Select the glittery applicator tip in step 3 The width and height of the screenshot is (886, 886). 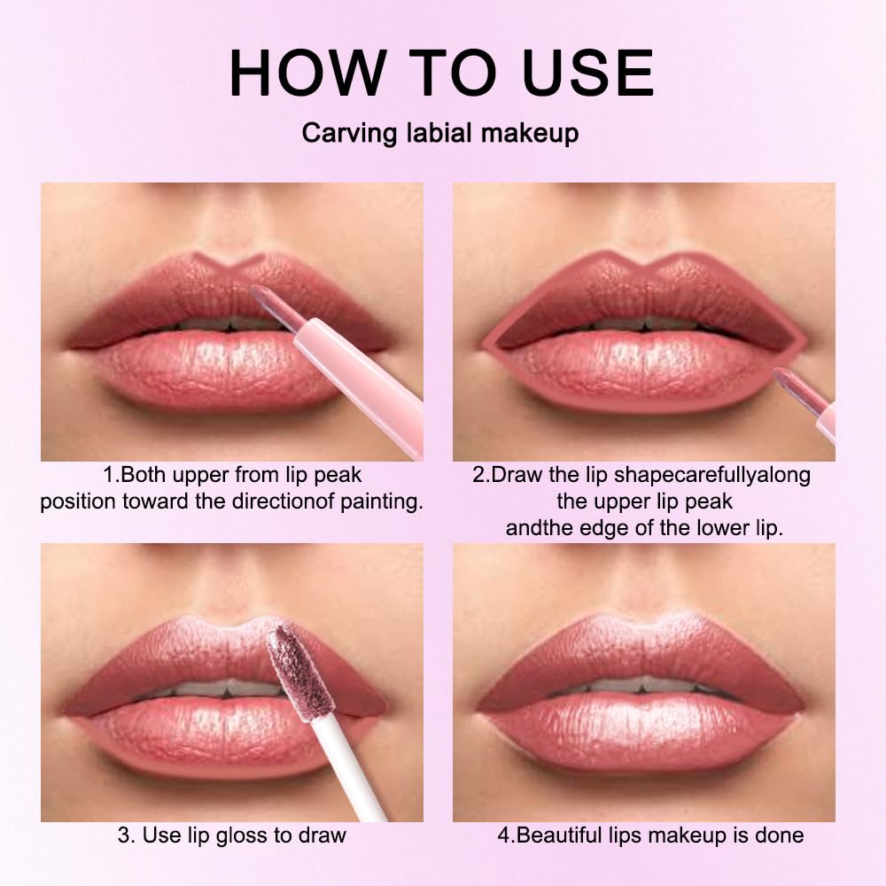tap(290, 666)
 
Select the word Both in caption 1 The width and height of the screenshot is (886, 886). tap(147, 475)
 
